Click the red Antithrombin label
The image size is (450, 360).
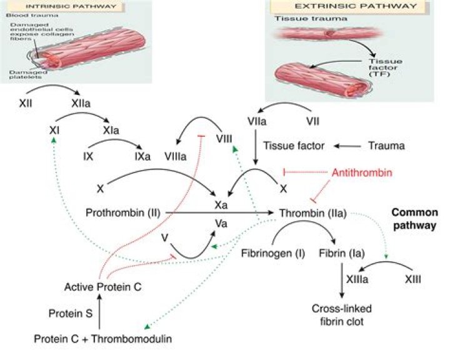pyautogui.click(x=362, y=172)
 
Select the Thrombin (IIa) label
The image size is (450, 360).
pyautogui.click(x=313, y=213)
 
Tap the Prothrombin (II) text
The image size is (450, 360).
pyautogui.click(x=123, y=212)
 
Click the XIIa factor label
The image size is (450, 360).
pyautogui.click(x=81, y=103)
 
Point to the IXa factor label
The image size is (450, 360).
pyautogui.click(x=142, y=156)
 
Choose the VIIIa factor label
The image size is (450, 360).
pyautogui.click(x=176, y=156)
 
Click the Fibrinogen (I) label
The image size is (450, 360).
pyautogui.click(x=273, y=253)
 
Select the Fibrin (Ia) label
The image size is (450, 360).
pyautogui.click(x=342, y=253)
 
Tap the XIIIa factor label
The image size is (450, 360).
pyautogui.click(x=357, y=279)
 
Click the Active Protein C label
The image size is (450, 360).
pyautogui.click(x=102, y=287)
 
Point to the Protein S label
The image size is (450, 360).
pyautogui.click(x=71, y=313)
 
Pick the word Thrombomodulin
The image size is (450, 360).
pyautogui.click(x=131, y=339)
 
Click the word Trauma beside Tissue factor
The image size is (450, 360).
pyautogui.click(x=387, y=146)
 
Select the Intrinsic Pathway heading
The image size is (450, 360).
pyautogui.click(x=71, y=6)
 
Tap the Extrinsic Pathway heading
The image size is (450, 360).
pyautogui.click(x=356, y=6)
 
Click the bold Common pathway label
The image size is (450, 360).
pyautogui.click(x=415, y=219)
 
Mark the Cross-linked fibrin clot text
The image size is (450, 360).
pyautogui.click(x=341, y=315)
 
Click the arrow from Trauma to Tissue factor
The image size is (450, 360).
pyautogui.click(x=347, y=146)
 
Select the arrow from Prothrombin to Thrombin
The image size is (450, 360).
pyautogui.click(x=220, y=212)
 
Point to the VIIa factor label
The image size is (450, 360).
pyautogui.click(x=257, y=121)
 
